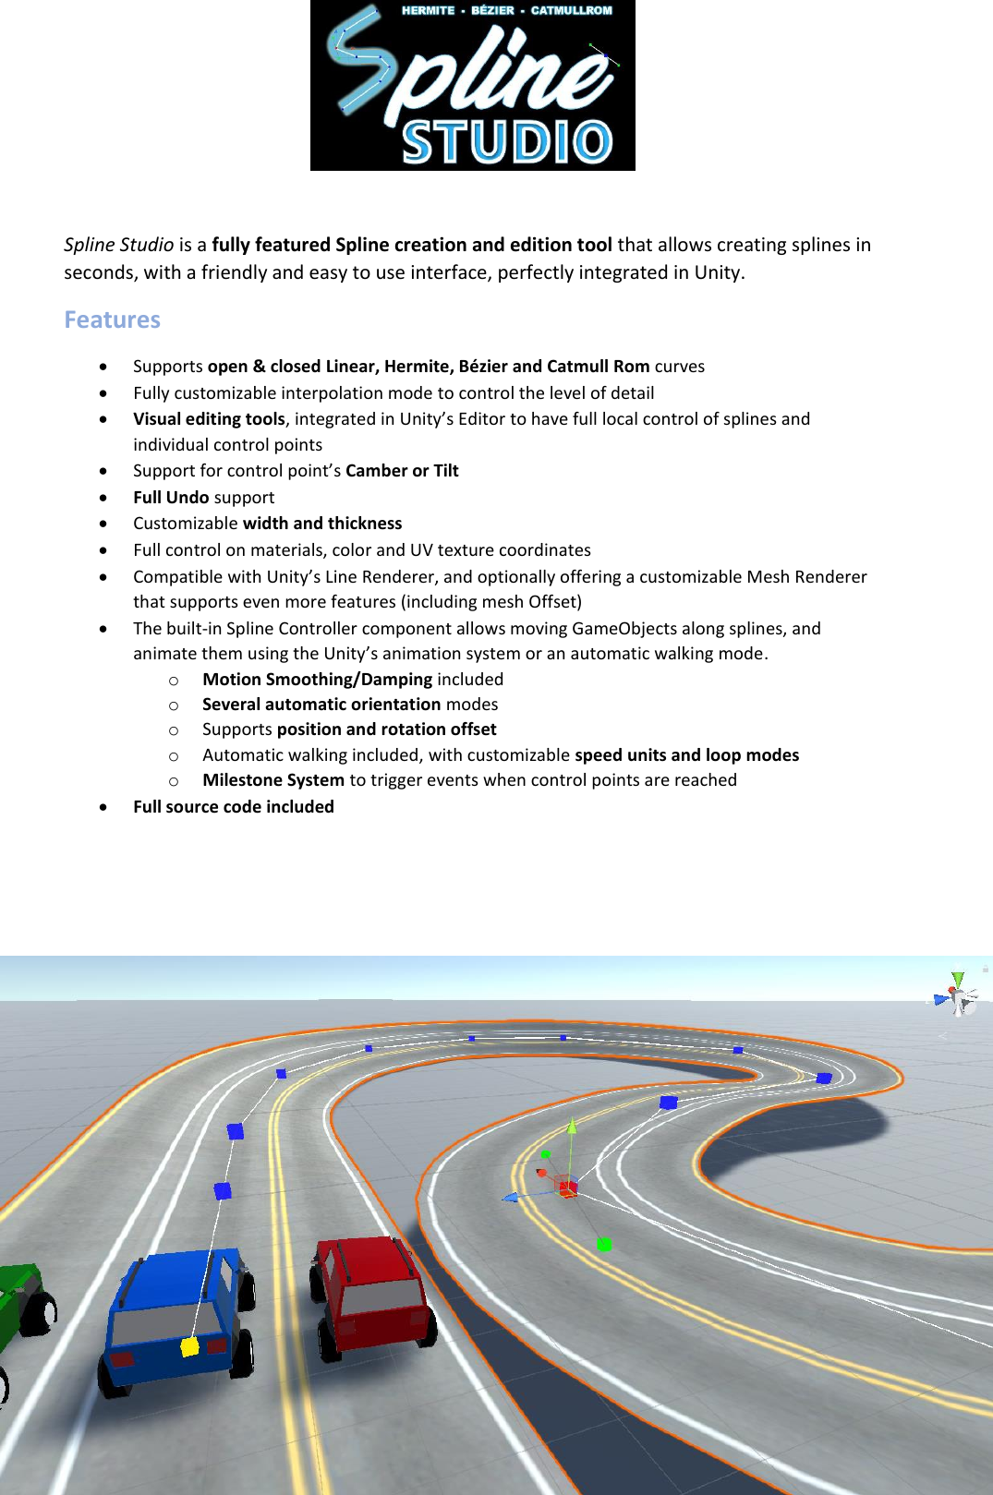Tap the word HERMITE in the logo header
tap(428, 11)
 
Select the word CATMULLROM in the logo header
tap(571, 11)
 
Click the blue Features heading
tap(112, 319)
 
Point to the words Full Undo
tap(171, 497)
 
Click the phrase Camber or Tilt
tap(402, 470)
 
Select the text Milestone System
tap(273, 779)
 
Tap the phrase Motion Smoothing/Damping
tap(317, 679)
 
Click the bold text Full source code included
tap(234, 806)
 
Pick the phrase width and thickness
tap(322, 523)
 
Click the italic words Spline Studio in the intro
tap(118, 245)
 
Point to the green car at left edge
tap(20, 1302)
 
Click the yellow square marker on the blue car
tap(190, 1347)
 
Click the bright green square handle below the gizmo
tap(604, 1245)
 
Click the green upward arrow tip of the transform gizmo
tap(572, 1126)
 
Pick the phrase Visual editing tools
tap(209, 418)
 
